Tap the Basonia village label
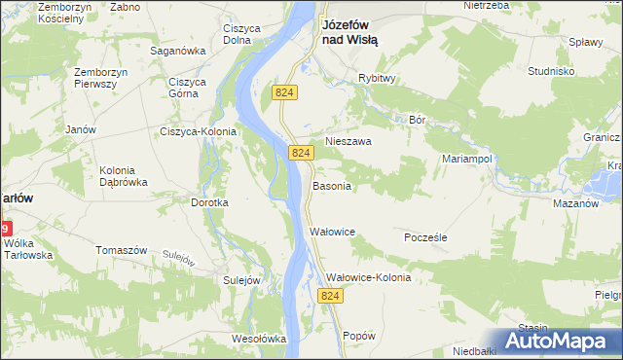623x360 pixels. pos(332,186)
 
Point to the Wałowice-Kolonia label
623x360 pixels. pos(368,277)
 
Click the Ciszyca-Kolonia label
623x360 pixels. pos(200,131)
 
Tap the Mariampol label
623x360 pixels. pos(470,158)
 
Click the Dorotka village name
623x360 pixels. pos(209,202)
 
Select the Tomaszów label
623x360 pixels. pos(121,250)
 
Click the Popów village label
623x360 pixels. pos(359,336)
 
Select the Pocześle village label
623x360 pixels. pos(425,236)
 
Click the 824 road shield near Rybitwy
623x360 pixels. pos(284,91)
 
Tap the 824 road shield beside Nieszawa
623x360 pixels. pos(301,154)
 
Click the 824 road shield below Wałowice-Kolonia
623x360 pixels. pos(332,296)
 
